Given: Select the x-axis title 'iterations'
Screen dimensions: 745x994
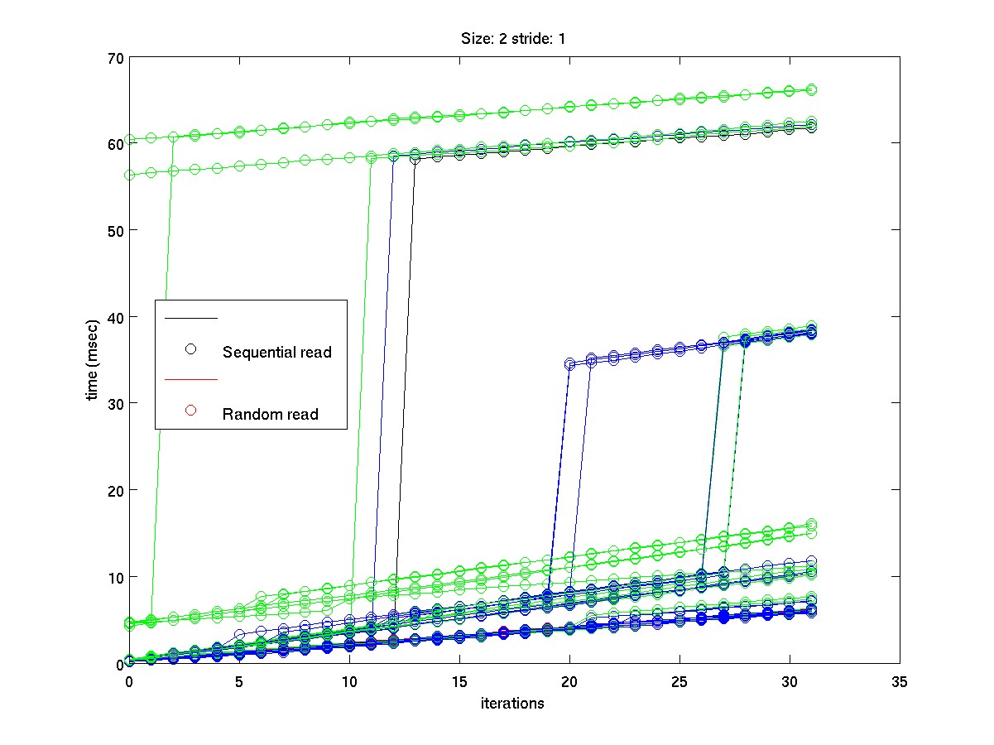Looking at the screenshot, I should [513, 704].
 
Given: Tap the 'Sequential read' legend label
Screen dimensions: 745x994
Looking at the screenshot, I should [276, 353].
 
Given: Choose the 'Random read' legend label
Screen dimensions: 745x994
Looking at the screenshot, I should [270, 415].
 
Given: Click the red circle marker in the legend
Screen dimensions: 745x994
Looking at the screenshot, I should [190, 411].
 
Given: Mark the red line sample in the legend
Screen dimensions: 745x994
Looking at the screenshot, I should [190, 379].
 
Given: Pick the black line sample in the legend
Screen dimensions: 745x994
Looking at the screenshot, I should [190, 318].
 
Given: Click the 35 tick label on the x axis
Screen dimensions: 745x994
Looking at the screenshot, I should [899, 682].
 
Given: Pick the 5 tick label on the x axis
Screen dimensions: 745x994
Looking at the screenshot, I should [239, 682].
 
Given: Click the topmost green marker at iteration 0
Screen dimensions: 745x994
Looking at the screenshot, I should [129, 139].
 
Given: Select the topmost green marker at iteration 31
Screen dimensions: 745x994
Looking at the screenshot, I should [812, 89].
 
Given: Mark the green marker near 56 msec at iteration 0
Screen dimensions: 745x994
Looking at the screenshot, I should [129, 175].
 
